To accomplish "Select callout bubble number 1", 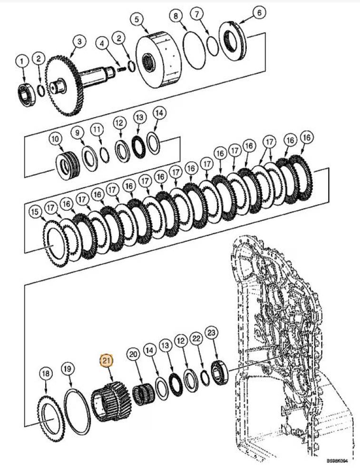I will coord(21,61).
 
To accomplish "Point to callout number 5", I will coord(136,20).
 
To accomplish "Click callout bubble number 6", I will coord(259,13).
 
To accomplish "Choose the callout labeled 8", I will coord(176,16).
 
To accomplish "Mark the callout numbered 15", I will coord(35,211).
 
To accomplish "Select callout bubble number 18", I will coord(46,374).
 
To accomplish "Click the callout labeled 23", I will coord(211,332).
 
